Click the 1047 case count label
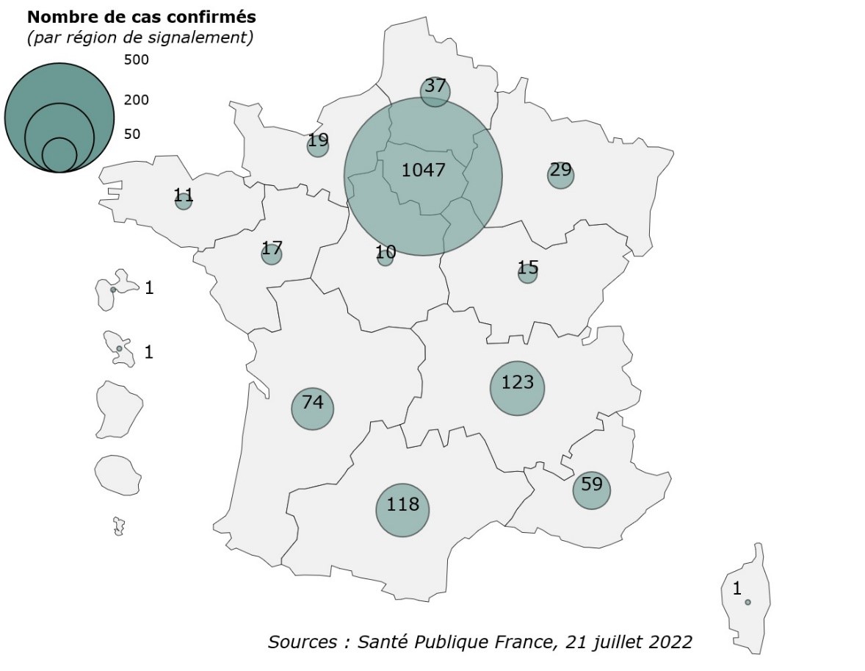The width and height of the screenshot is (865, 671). click(424, 171)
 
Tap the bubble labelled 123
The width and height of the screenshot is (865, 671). click(518, 388)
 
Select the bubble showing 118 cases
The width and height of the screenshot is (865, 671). click(402, 509)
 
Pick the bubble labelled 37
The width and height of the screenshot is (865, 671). click(435, 91)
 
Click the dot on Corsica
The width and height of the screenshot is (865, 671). click(748, 602)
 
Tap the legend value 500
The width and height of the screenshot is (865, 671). click(136, 60)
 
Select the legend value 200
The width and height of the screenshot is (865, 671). click(136, 100)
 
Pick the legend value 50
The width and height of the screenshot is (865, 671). click(132, 134)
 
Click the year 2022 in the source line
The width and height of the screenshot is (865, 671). click(670, 642)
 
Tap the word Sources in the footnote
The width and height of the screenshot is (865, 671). click(300, 642)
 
